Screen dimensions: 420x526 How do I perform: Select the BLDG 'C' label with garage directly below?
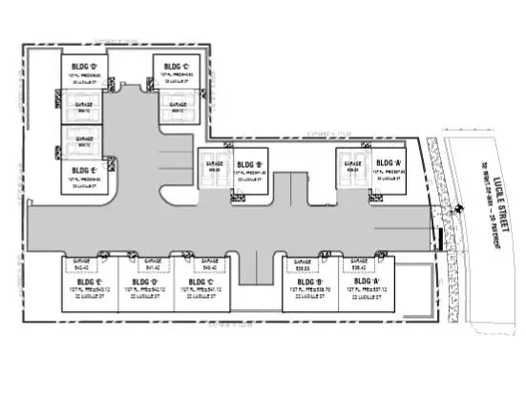[x=175, y=66]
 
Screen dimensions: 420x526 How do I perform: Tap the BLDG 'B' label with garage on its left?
[x=253, y=164]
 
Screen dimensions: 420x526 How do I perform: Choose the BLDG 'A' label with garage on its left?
[x=389, y=163]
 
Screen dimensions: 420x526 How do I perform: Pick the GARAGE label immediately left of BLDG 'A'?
[x=350, y=164]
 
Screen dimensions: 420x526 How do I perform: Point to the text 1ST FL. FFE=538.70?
[x=308, y=291]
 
